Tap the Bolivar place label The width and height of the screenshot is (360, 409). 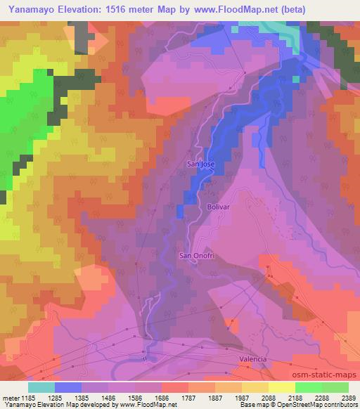coord(219,208)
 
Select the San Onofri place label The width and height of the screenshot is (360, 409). coord(195,255)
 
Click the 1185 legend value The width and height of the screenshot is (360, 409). coord(27,398)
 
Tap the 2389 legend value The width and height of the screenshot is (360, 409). coord(347,398)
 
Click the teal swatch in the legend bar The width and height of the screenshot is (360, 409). coord(41,387)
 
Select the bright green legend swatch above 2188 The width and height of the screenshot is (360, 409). coord(308,387)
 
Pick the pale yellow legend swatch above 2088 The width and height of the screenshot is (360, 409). coord(281,387)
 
